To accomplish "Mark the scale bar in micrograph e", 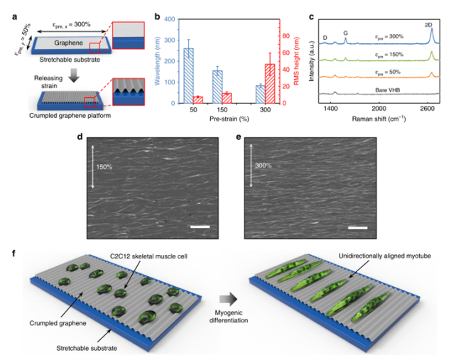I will coord(358,229).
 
